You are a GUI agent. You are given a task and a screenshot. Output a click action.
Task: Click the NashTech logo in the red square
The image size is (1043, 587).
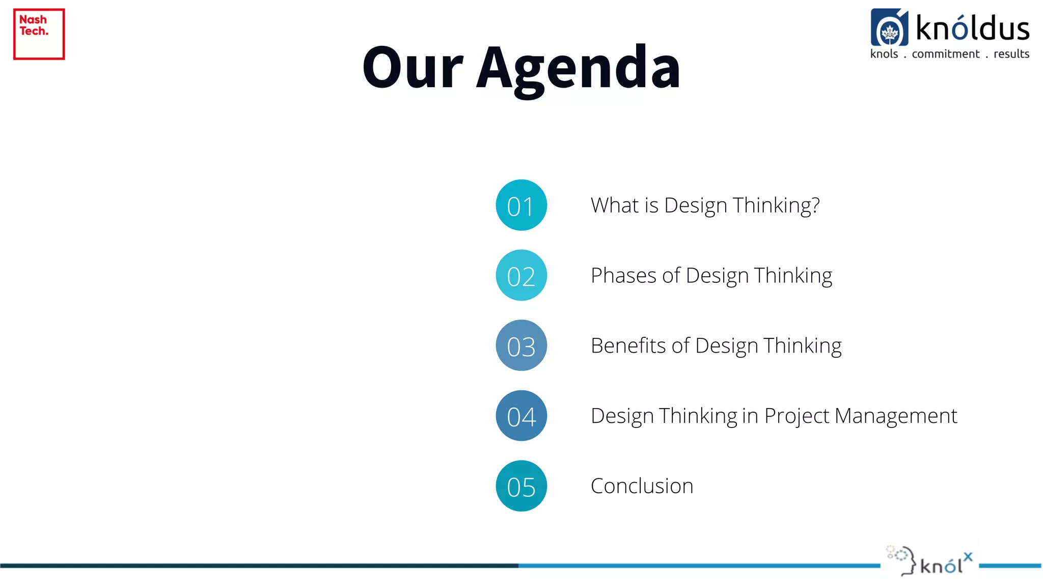pyautogui.click(x=39, y=34)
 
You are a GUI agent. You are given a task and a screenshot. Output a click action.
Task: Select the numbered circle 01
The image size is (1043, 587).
pyautogui.click(x=521, y=205)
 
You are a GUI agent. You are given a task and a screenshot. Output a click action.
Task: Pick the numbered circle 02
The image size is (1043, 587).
pyautogui.click(x=521, y=276)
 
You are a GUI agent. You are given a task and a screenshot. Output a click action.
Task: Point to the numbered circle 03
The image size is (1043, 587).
pyautogui.click(x=521, y=345)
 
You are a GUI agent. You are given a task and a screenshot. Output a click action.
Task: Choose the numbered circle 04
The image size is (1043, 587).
pyautogui.click(x=521, y=416)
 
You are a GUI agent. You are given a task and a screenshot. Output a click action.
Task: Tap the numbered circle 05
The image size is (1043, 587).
pyautogui.click(x=521, y=486)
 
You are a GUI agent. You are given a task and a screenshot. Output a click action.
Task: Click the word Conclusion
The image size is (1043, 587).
pyautogui.click(x=642, y=486)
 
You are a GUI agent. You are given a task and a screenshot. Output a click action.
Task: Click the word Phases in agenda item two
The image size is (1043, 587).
pyautogui.click(x=623, y=276)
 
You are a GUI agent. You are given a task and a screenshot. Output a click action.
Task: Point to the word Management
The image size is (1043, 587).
pyautogui.click(x=896, y=416)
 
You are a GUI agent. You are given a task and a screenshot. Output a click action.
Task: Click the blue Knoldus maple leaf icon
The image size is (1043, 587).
pyautogui.click(x=889, y=29)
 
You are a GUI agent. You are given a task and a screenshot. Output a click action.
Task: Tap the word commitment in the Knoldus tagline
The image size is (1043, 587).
pyautogui.click(x=945, y=54)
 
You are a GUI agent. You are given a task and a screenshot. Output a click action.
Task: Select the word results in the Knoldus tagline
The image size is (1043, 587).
pyautogui.click(x=1011, y=54)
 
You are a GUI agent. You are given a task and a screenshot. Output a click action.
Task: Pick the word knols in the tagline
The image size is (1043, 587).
pyautogui.click(x=884, y=54)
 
